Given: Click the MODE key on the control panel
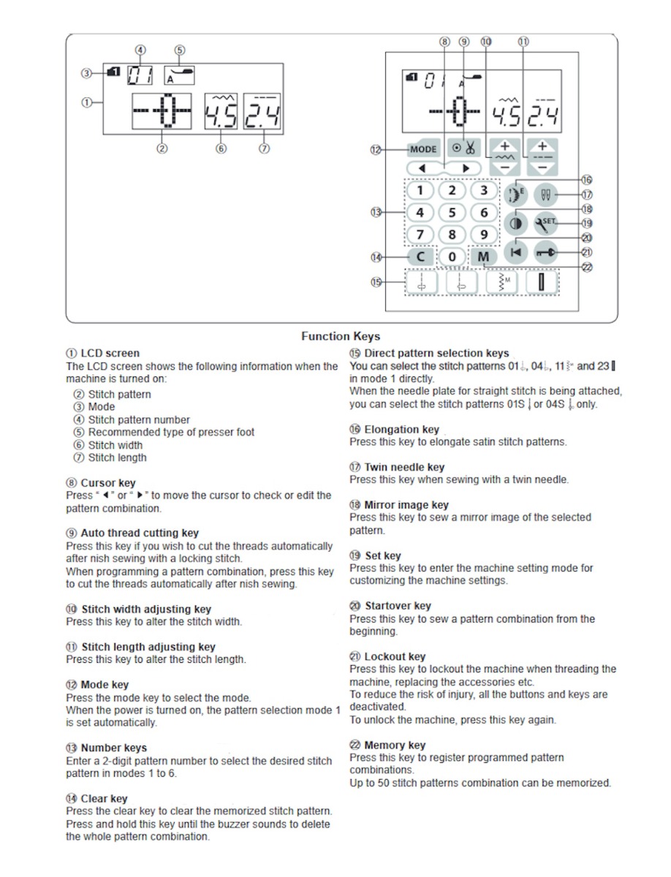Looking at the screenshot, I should tap(423, 149).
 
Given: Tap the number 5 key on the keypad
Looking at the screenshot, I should tap(452, 213).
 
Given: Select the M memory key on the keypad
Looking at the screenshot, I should tap(483, 257).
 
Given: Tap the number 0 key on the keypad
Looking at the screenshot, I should tap(452, 257).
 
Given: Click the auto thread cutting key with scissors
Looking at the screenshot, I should tap(463, 148).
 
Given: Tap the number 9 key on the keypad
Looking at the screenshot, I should tap(483, 235).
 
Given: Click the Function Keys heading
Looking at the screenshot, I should tap(341, 336).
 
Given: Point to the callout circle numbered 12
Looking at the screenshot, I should tap(376, 150).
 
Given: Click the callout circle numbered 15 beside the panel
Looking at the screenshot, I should tap(376, 282).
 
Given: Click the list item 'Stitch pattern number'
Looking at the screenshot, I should tap(139, 419).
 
